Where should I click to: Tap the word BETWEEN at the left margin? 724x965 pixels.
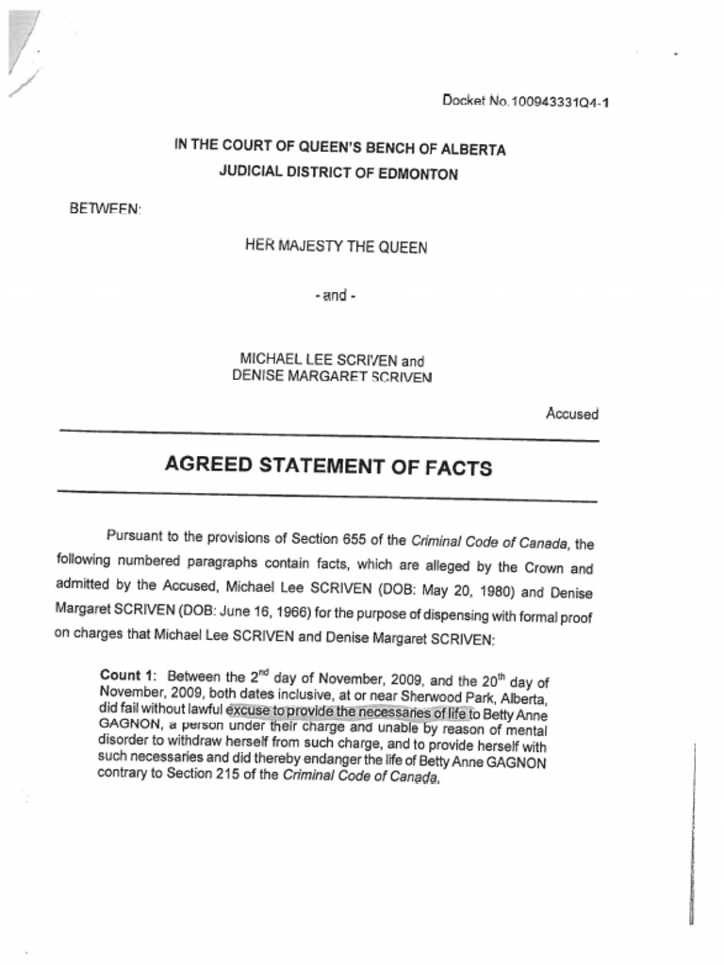(105, 207)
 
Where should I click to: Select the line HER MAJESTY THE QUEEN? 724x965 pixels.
(336, 248)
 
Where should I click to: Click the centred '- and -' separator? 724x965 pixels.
(336, 296)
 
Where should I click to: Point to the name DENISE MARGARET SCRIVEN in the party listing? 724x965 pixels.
(332, 376)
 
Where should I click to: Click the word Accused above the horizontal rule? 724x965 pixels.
(571, 414)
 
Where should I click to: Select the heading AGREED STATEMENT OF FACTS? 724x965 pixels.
(328, 466)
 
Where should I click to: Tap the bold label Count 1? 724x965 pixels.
(127, 675)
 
